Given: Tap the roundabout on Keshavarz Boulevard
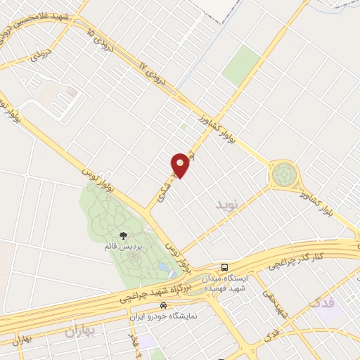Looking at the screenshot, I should pos(285,173).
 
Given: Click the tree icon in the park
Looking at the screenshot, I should pos(124,236).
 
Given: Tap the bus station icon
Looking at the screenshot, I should pos(224,267).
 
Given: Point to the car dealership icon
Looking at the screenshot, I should pos(164,306).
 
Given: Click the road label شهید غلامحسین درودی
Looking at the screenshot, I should pos(42,17).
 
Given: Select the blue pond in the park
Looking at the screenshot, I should pos(165,269).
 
